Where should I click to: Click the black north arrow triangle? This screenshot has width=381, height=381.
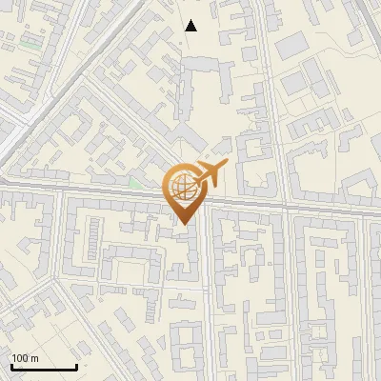click(x=191, y=26)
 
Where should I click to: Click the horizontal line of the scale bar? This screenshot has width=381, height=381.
click(x=44, y=367)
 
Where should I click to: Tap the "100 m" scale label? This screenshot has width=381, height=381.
click(x=27, y=358)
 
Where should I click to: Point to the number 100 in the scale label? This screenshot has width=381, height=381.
click(x=22, y=358)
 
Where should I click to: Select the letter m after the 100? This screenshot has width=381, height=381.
click(x=35, y=358)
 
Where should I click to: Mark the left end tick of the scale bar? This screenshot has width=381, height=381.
click(x=11, y=365)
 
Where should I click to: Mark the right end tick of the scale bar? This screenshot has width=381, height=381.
click(x=76, y=365)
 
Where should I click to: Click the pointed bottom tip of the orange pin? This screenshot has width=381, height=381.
click(x=184, y=223)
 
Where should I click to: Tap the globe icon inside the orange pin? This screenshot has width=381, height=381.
click(x=183, y=188)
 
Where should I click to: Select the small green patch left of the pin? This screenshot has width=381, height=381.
click(x=135, y=182)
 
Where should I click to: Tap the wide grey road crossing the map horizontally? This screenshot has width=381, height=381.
click(x=286, y=204)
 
